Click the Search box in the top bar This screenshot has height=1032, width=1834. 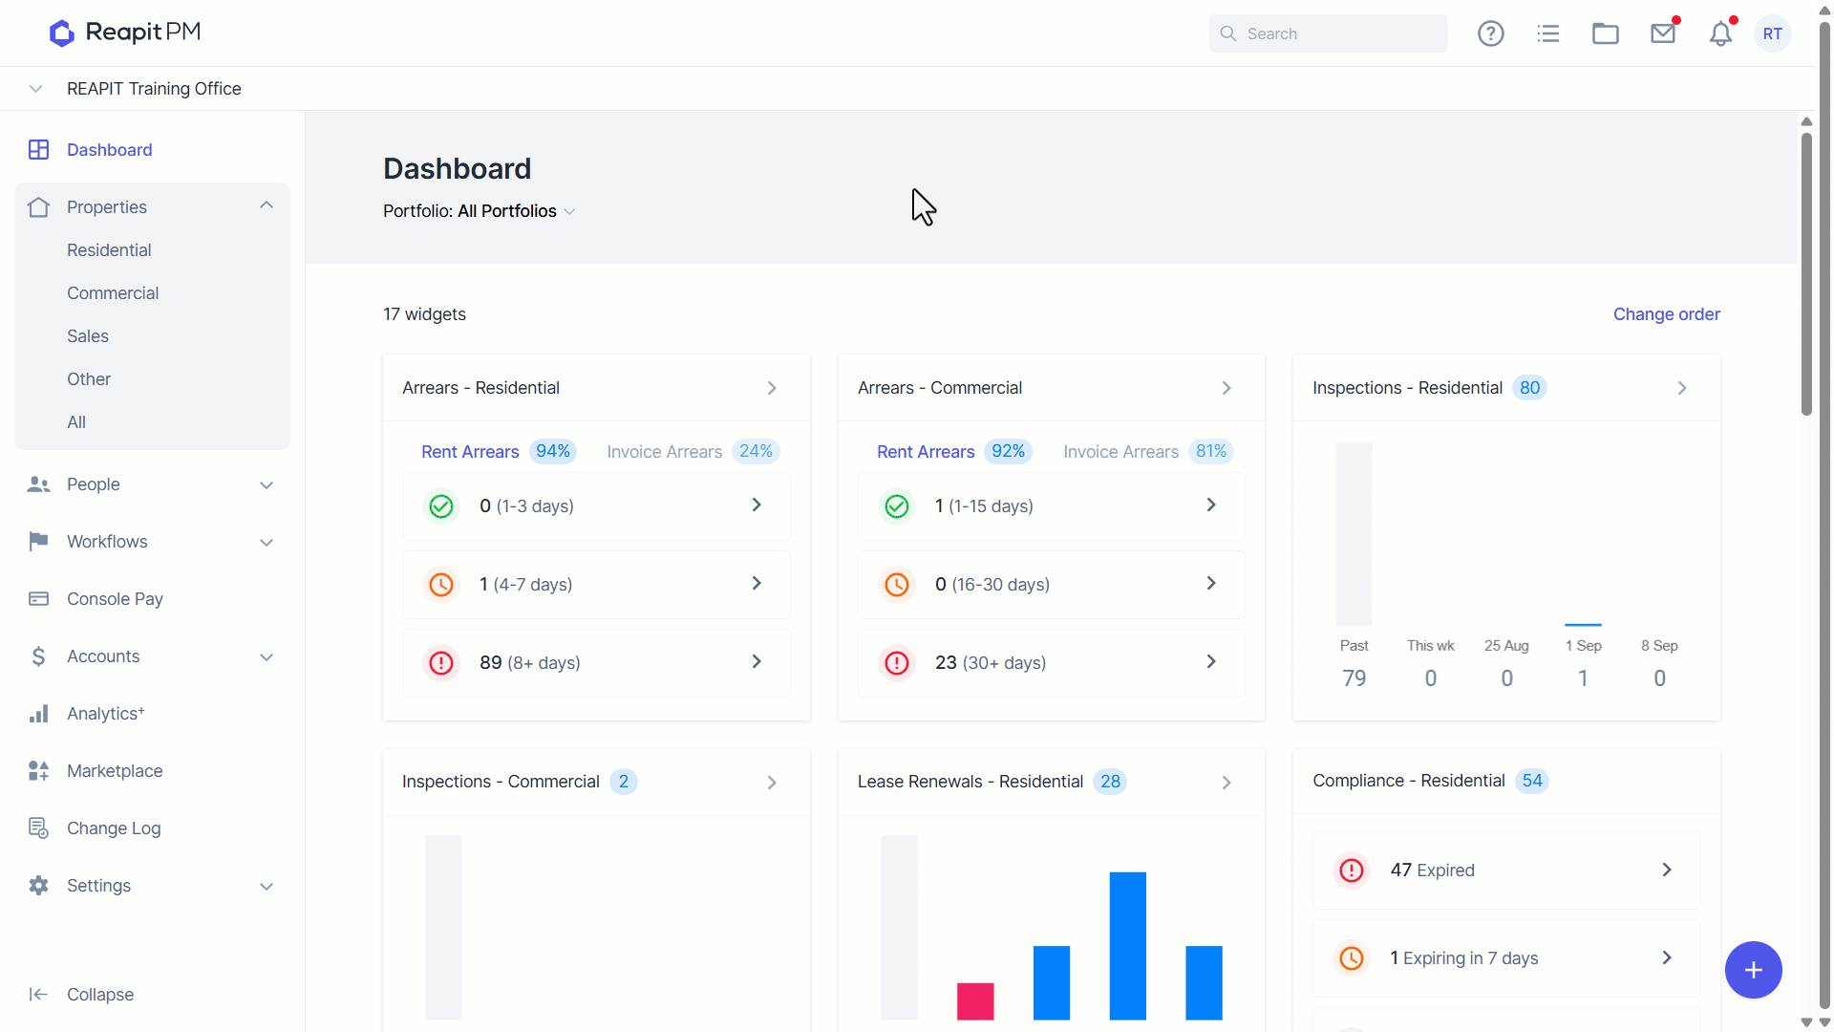(x=1328, y=33)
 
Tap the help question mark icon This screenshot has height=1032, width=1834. (x=1491, y=33)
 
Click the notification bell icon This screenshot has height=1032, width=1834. (x=1721, y=33)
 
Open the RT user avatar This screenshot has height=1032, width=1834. (x=1773, y=33)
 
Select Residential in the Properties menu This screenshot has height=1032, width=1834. (x=109, y=250)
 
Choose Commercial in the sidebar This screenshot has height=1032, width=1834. (x=113, y=293)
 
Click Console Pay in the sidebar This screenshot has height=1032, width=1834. (x=115, y=599)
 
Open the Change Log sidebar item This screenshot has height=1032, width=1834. (x=114, y=828)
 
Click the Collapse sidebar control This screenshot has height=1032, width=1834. (x=99, y=995)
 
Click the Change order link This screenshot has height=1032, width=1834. (x=1667, y=314)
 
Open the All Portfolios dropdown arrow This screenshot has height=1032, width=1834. (x=570, y=211)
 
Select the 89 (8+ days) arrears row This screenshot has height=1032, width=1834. (x=596, y=663)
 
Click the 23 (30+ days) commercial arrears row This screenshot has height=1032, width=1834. (x=1052, y=663)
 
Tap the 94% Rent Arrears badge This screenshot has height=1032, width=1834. (x=553, y=451)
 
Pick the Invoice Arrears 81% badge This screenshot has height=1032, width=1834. (x=1211, y=451)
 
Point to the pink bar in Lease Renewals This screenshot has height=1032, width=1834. (x=975, y=1001)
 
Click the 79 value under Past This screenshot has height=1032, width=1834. (x=1354, y=678)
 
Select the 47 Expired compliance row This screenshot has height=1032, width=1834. (x=1506, y=871)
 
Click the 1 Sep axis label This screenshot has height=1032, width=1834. (x=1584, y=646)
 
